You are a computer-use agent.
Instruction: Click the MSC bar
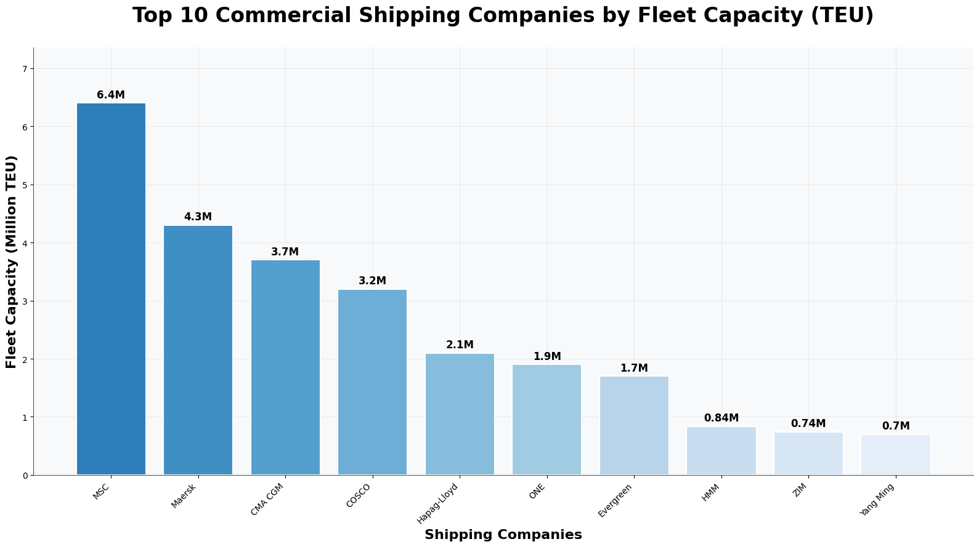111,289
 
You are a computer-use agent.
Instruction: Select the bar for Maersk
198,350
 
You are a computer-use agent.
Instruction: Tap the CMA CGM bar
285,367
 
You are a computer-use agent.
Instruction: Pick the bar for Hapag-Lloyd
460,414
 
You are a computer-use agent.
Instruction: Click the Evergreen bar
634,425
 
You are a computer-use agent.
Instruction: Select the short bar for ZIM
808,453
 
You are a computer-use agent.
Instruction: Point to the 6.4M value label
111,95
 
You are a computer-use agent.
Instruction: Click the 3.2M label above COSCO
372,281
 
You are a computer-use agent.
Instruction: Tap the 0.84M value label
721,418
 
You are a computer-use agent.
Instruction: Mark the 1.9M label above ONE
547,356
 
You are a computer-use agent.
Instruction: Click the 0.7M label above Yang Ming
895,426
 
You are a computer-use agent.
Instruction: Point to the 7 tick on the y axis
25,68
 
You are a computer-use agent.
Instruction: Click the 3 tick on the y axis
25,301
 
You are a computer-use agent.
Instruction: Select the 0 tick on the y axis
25,475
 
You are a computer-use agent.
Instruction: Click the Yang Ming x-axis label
878,500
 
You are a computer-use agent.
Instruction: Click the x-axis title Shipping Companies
503,535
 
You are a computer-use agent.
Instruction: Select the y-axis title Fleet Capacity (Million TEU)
11,262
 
